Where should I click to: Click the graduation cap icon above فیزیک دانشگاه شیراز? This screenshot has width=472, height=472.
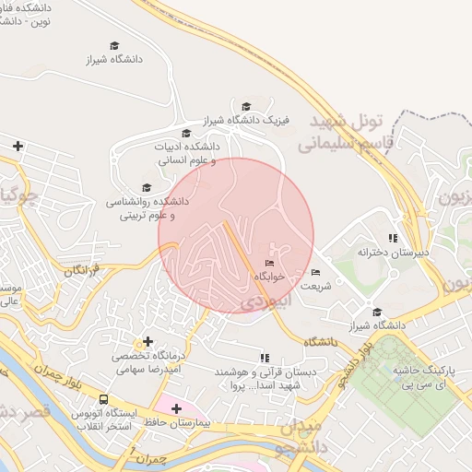coord(246,107)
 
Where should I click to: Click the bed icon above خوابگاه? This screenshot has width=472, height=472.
coord(269,264)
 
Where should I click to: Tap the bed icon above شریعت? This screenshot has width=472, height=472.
coord(315,273)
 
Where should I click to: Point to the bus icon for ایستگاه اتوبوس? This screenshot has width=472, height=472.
coord(103,400)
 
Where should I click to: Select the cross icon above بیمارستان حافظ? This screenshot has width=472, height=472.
coord(176,407)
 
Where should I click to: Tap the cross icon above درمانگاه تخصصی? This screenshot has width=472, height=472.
coord(147,342)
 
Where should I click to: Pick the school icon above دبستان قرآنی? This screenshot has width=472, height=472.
coord(265,358)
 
